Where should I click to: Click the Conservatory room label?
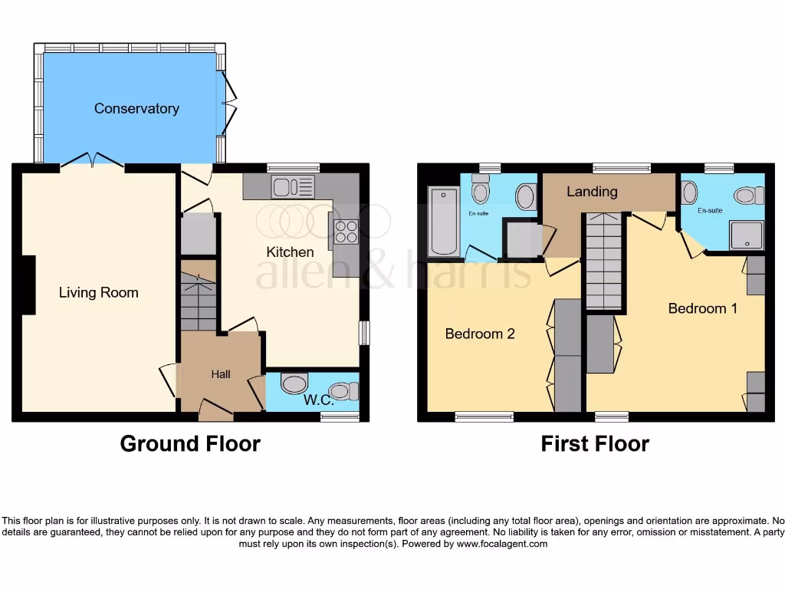pyautogui.click(x=136, y=109)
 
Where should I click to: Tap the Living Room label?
pyautogui.click(x=99, y=292)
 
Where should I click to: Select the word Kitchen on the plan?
pyautogui.click(x=290, y=252)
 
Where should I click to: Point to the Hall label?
pyautogui.click(x=221, y=374)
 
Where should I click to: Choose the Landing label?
pyautogui.click(x=592, y=192)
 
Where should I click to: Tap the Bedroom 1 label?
pyautogui.click(x=703, y=308)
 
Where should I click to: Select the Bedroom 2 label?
pyautogui.click(x=480, y=334)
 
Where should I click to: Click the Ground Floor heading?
pyautogui.click(x=190, y=443)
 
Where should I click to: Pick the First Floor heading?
pyautogui.click(x=595, y=443)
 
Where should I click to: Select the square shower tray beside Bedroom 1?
pyautogui.click(x=745, y=236)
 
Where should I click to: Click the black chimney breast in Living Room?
pyautogui.click(x=28, y=285)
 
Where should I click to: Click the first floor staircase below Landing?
pyautogui.click(x=603, y=261)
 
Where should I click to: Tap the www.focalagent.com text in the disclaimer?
pyautogui.click(x=502, y=544)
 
